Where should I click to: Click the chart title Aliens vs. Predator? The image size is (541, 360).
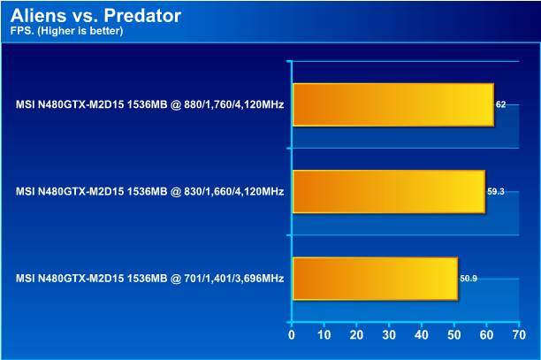click(96, 16)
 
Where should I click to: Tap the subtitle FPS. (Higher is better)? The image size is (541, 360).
click(67, 31)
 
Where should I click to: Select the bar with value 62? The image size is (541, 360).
click(393, 104)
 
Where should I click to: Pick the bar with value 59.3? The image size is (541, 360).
click(389, 192)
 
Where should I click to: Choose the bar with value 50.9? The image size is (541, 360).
click(375, 279)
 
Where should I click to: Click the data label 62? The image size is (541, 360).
click(501, 104)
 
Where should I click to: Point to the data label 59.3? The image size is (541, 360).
click(496, 192)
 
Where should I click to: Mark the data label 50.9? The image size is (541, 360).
click(469, 279)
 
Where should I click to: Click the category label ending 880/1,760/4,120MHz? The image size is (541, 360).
click(149, 104)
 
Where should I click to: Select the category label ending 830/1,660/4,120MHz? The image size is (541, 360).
click(149, 192)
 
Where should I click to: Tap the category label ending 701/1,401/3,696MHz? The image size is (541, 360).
click(149, 279)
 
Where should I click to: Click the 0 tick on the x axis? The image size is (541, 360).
click(292, 336)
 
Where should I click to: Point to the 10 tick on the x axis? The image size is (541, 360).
click(324, 336)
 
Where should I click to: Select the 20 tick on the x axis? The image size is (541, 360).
click(356, 336)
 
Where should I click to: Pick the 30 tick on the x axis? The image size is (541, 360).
click(389, 336)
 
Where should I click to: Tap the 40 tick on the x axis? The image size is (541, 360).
click(421, 336)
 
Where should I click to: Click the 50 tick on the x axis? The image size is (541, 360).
click(453, 336)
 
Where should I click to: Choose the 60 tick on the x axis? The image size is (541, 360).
click(485, 336)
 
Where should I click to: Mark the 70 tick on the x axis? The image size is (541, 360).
click(518, 336)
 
